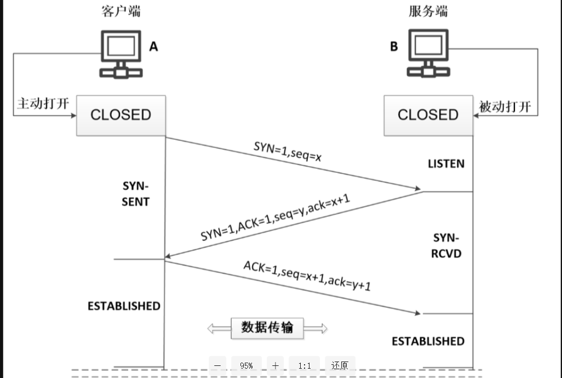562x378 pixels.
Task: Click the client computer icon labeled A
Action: (121, 55)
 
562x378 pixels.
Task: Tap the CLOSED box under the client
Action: (121, 115)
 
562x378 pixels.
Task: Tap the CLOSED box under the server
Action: (428, 115)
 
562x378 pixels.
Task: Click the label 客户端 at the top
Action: (121, 12)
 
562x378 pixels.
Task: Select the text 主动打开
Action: (43, 104)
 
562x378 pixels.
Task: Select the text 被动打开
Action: (505, 106)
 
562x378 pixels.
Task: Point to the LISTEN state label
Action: (446, 163)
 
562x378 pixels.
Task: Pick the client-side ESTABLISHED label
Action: (124, 306)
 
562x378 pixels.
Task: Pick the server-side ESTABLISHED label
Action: (428, 341)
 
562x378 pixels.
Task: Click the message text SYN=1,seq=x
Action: (288, 153)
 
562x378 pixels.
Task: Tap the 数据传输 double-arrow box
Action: (267, 328)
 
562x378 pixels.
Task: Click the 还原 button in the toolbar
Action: (340, 365)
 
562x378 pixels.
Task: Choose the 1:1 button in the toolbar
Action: (305, 365)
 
